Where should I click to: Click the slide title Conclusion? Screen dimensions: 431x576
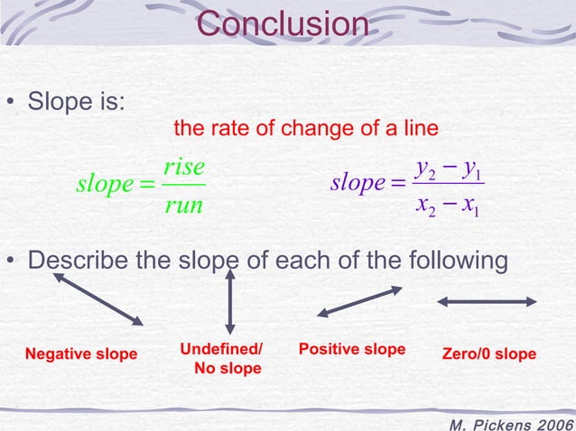[x=282, y=24]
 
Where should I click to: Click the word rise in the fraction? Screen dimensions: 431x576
[x=185, y=167]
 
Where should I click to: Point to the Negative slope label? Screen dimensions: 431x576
[x=81, y=353]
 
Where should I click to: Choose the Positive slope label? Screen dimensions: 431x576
[x=351, y=349]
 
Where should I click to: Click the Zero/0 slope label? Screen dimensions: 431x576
[x=488, y=353]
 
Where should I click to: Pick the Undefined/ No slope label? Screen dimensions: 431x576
[x=222, y=358]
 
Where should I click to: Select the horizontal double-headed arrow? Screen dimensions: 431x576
[x=487, y=302]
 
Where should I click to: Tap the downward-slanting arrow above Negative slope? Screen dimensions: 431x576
[x=98, y=299]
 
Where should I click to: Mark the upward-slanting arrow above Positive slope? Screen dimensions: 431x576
[x=359, y=301]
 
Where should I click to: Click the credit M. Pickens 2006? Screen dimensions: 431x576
[x=510, y=422]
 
